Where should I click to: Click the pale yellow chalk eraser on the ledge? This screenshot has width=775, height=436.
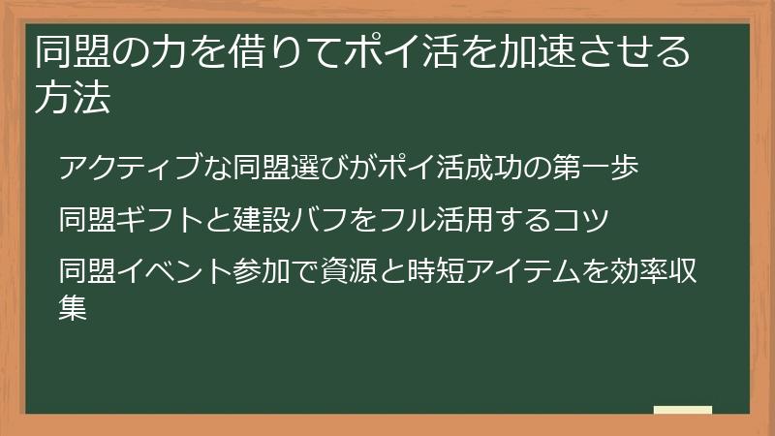[x=684, y=411]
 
